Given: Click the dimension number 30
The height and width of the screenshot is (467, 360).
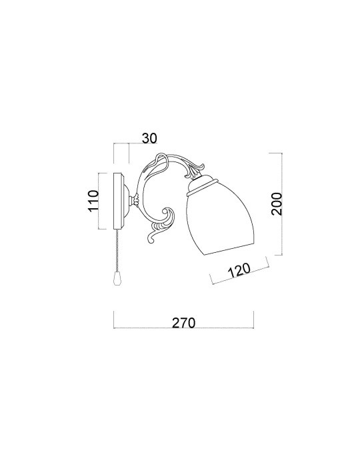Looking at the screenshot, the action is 149,138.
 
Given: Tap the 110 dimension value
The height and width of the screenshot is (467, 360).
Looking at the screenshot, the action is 93,201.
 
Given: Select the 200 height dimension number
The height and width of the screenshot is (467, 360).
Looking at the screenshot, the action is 276,203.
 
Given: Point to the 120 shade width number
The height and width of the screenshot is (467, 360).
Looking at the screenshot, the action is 239,270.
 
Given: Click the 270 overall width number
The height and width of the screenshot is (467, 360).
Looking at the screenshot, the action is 183,322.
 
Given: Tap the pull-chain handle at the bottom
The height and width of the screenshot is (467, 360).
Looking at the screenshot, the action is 117,279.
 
